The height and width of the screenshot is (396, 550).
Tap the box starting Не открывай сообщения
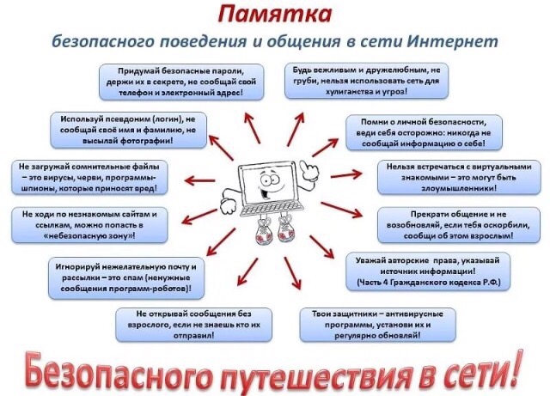pos(192,322)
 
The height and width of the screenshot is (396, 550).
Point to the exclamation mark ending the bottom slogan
pos(516,365)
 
